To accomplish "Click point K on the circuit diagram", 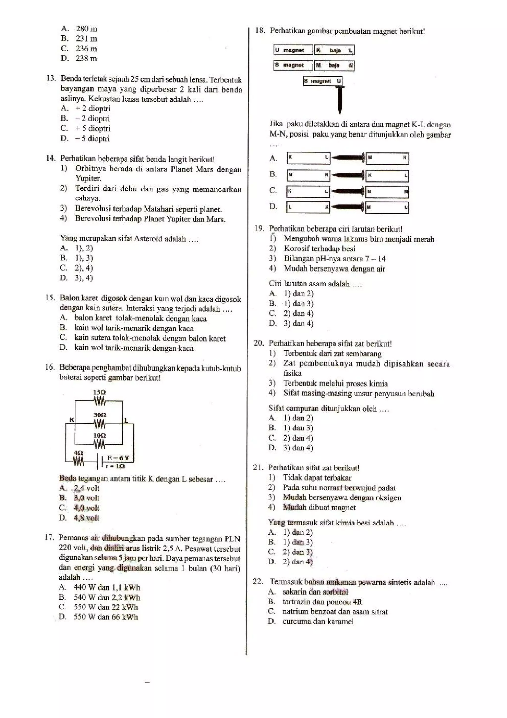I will (72, 420).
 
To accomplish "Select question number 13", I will (51, 78).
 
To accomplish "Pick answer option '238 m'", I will (86, 58).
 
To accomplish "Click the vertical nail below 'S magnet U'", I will (340, 100).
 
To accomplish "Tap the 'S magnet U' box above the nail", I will (322, 81).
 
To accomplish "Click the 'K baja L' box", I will (334, 50).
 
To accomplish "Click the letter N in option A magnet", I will (404, 158).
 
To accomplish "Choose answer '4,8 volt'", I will (86, 518).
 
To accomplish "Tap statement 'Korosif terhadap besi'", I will (319, 249).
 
